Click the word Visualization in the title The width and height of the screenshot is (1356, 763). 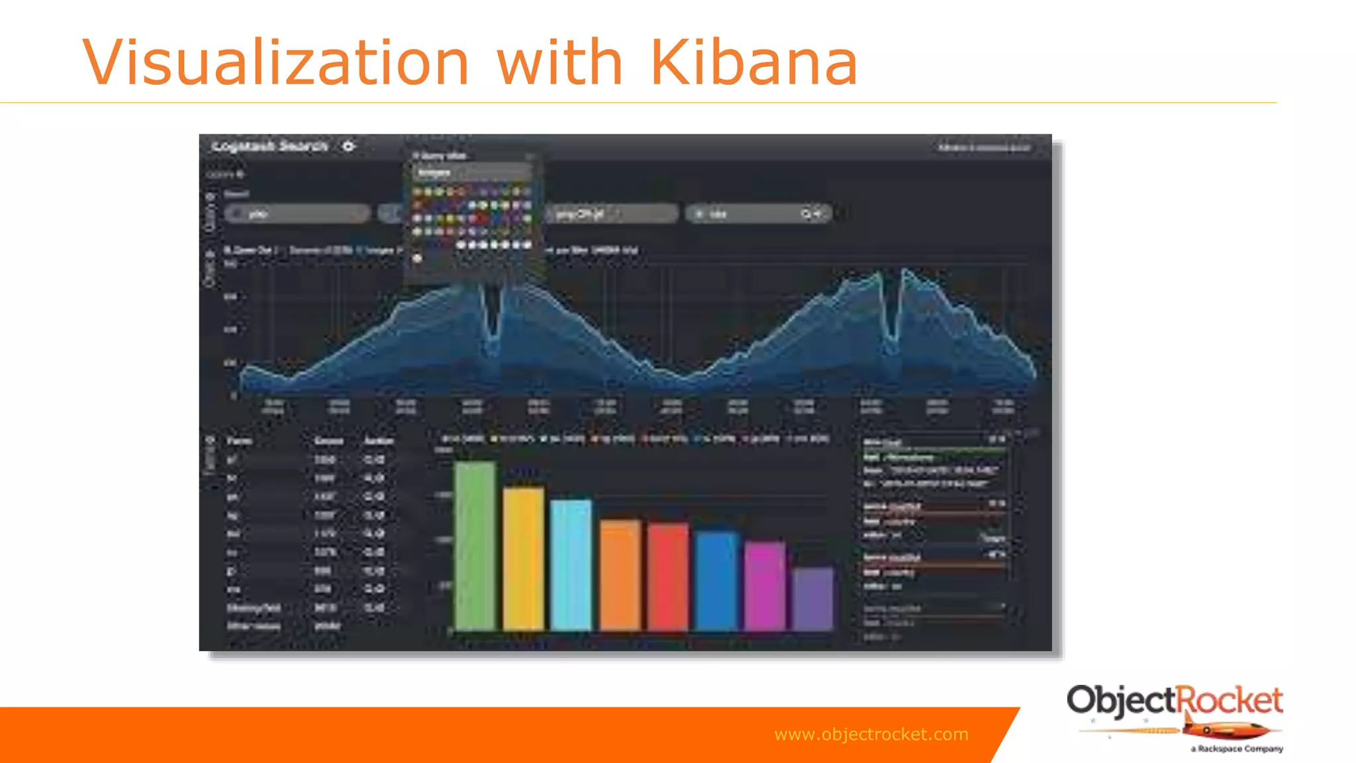(x=275, y=62)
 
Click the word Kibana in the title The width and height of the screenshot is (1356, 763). (x=754, y=62)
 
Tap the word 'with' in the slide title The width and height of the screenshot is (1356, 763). (x=559, y=62)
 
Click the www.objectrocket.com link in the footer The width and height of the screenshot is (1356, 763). (x=871, y=734)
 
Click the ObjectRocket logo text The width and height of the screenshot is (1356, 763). (x=1174, y=701)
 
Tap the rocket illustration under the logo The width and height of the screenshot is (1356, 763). (x=1225, y=730)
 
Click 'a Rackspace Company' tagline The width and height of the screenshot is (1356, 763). (x=1236, y=748)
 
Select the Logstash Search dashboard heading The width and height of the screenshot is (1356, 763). (x=269, y=146)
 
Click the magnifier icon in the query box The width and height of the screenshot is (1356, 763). (x=806, y=214)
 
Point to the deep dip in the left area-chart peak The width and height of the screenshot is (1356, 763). (x=492, y=325)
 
